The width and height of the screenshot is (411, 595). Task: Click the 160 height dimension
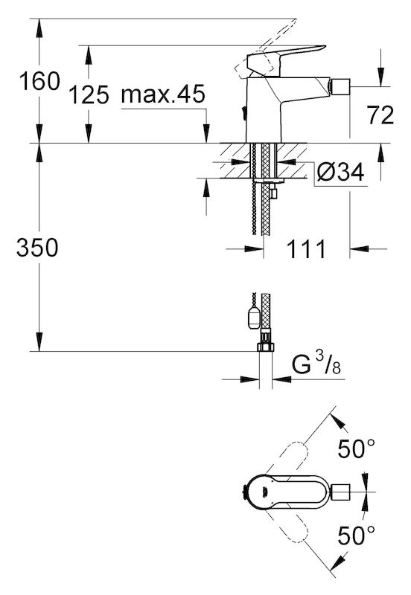coord(39,81)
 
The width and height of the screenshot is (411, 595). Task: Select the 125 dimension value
coord(89,94)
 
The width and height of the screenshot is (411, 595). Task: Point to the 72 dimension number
coord(380,115)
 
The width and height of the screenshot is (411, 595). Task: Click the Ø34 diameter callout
coord(340,173)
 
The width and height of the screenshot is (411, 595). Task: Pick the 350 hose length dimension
coord(37,248)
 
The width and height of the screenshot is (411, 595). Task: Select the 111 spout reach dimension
coord(306,249)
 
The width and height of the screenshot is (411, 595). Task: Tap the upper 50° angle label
coord(357,448)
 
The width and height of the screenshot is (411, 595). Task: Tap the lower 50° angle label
coord(357,535)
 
